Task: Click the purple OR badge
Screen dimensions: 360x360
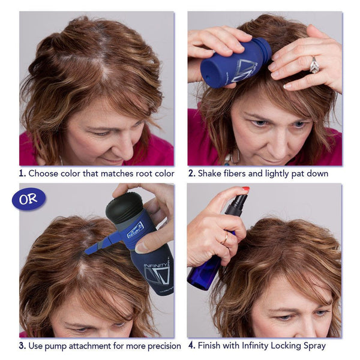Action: click(x=28, y=199)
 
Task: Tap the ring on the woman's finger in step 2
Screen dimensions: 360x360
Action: click(x=314, y=65)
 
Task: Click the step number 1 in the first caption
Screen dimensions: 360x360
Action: click(x=22, y=173)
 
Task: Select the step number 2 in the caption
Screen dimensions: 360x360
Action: click(x=191, y=173)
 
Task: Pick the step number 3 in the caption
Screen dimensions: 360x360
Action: click(x=22, y=346)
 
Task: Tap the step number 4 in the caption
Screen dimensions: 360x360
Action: click(x=191, y=346)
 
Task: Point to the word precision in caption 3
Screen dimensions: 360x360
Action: click(x=160, y=346)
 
